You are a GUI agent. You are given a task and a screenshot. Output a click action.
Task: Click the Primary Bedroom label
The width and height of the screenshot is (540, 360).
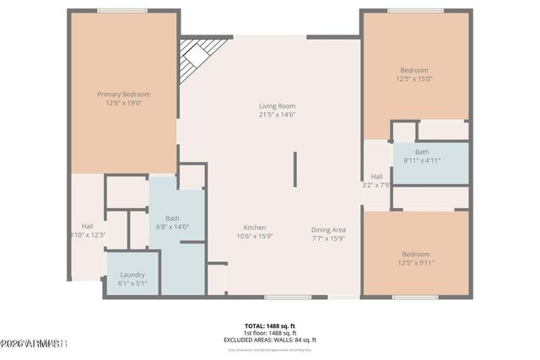pos(123,94)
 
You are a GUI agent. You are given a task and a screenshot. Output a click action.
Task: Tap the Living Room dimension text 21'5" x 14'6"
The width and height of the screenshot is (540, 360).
pos(277,115)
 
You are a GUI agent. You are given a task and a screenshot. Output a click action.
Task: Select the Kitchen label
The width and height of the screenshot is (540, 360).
pos(256,228)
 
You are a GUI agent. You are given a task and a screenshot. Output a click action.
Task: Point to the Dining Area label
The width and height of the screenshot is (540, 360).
pos(328,228)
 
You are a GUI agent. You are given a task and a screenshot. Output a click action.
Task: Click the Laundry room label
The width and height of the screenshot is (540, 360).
pos(132,274)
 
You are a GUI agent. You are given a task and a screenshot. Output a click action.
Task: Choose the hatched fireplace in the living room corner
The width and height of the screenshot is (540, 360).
pos(200,54)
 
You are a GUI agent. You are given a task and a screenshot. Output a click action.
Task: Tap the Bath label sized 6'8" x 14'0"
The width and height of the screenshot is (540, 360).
pos(171,218)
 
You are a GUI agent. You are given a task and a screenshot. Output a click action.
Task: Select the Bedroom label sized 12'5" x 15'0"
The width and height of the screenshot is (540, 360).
pos(414,70)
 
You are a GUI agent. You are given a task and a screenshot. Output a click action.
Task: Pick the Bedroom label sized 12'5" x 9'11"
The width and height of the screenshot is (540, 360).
pos(415,254)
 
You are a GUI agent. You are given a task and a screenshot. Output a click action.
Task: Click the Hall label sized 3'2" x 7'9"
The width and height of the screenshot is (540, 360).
pos(376,176)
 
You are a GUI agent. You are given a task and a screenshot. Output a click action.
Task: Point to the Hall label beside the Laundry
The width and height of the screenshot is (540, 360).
pos(88,225)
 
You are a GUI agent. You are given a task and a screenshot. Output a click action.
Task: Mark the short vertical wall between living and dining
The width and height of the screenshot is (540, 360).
pos(294,169)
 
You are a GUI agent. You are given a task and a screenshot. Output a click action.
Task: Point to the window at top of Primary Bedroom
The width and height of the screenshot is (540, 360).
pos(122,11)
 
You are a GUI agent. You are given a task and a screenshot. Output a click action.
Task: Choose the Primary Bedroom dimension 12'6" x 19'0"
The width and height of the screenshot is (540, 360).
pos(123,103)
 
